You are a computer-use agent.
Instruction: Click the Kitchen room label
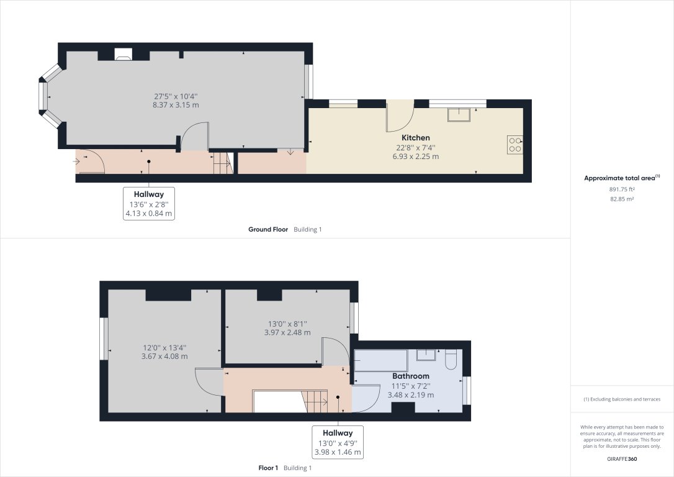415,137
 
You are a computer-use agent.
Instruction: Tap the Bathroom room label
410,376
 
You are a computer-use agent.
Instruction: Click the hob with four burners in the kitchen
515,144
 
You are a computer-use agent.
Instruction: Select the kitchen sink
460,112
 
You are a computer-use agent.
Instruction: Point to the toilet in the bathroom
451,358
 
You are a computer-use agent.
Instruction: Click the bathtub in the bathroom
379,361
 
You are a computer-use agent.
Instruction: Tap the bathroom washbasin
426,355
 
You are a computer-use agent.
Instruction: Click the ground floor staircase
222,163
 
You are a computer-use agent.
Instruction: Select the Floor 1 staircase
315,401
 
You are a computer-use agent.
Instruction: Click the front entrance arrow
77,161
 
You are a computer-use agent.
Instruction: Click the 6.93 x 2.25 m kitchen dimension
415,157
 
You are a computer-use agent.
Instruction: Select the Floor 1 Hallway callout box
337,442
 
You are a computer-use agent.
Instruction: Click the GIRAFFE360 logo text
621,460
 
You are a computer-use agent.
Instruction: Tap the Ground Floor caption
268,229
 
